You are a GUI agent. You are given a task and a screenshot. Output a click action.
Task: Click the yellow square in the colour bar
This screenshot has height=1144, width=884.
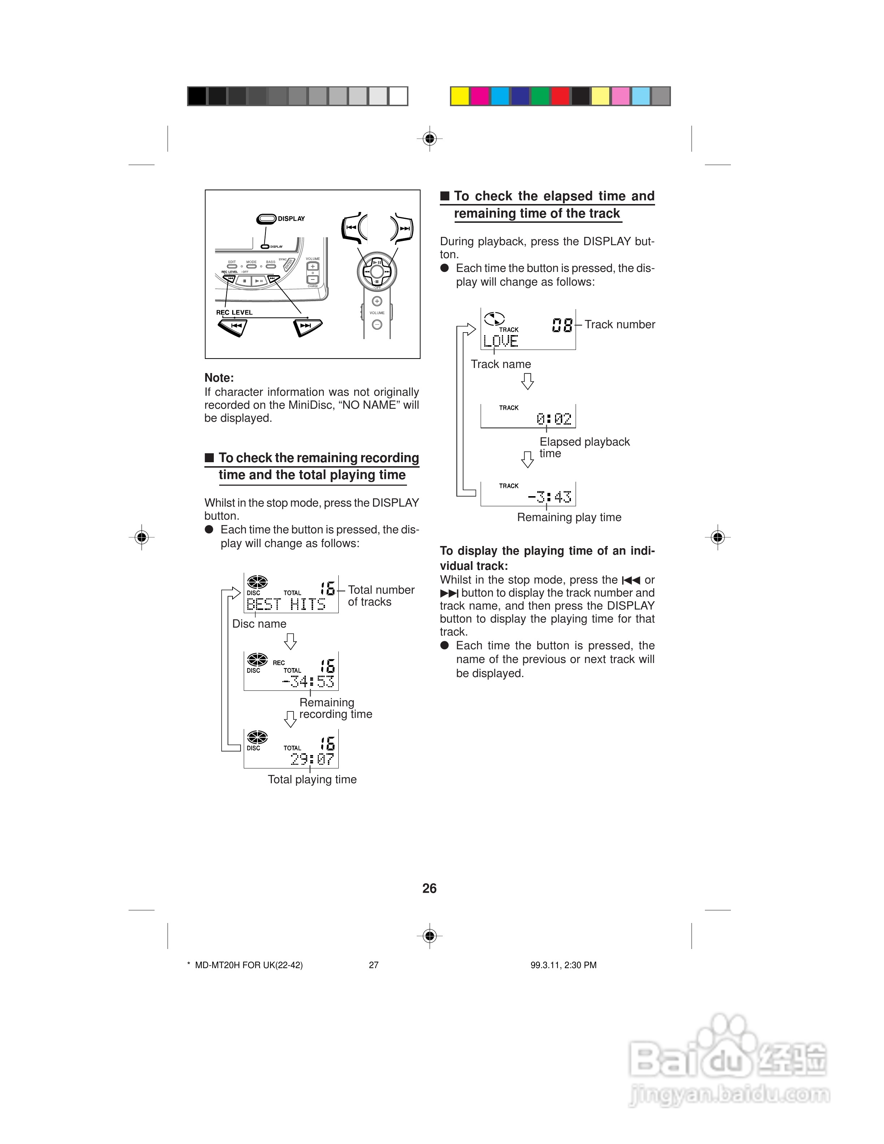(460, 96)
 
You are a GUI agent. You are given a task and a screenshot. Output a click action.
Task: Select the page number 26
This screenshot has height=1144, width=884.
(429, 888)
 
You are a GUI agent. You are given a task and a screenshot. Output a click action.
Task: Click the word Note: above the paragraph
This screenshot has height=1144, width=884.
(219, 378)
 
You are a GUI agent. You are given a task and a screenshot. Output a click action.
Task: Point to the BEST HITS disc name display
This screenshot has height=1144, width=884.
(286, 604)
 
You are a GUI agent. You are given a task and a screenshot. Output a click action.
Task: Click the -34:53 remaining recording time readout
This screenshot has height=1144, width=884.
(308, 681)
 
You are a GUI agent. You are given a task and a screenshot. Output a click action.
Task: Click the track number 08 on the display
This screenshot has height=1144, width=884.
(563, 325)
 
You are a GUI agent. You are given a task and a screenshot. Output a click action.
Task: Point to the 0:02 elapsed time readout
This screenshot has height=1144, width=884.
(554, 419)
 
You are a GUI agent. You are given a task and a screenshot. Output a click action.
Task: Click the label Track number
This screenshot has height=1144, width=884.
(620, 325)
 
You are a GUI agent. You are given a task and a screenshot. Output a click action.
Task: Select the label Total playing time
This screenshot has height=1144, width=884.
(312, 779)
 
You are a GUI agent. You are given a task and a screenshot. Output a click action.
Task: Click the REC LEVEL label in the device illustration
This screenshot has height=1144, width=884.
(234, 313)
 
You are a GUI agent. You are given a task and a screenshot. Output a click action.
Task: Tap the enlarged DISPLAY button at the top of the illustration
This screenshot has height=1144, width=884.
(266, 219)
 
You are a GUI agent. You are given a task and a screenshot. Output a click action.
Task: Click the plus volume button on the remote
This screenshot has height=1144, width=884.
(377, 301)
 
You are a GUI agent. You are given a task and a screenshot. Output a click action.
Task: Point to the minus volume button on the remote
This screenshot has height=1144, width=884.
(377, 325)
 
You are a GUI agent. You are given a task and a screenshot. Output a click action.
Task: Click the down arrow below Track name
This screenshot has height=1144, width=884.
(527, 381)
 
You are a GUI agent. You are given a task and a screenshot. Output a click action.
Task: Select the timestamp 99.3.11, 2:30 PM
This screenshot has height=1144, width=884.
(563, 965)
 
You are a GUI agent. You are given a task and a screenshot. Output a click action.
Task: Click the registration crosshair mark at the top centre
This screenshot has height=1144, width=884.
(429, 139)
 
